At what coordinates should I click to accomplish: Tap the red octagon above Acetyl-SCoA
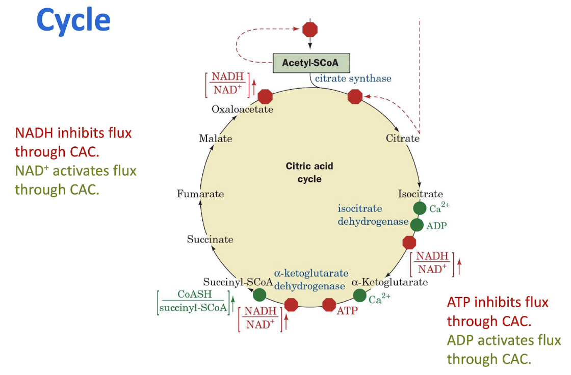tap(310, 29)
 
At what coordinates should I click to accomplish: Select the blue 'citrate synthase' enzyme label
tap(353, 78)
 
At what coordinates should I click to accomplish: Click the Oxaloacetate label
tap(242, 109)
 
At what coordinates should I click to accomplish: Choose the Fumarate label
tap(200, 194)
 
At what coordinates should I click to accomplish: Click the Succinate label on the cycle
tap(210, 239)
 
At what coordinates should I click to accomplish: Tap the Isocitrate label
tap(420, 194)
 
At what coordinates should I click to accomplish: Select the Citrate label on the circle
tap(402, 139)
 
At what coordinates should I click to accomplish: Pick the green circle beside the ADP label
tap(417, 225)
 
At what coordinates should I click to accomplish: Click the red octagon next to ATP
tap(329, 305)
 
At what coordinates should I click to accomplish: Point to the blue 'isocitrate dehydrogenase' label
tap(373, 215)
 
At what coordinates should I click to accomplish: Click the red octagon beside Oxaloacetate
tap(265, 96)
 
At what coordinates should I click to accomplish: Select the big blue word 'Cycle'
tap(73, 20)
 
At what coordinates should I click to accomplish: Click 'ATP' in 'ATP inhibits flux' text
tap(459, 302)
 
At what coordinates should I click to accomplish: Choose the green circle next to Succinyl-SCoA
tap(259, 294)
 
